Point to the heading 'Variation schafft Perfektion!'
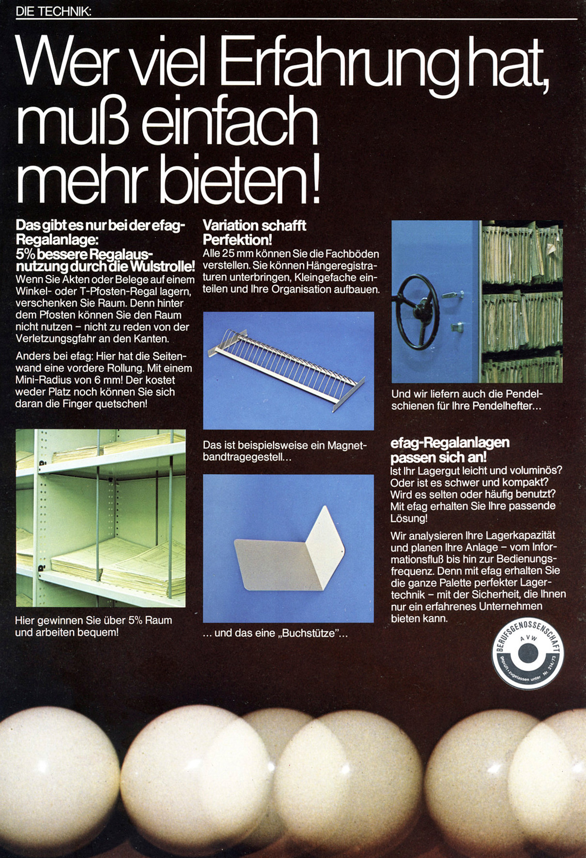tap(254, 232)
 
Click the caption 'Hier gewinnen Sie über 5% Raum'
tap(93, 620)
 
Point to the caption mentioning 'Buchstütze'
tap(275, 633)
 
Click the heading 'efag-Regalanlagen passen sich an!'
tap(449, 450)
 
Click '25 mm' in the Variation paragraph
tap(237, 254)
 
